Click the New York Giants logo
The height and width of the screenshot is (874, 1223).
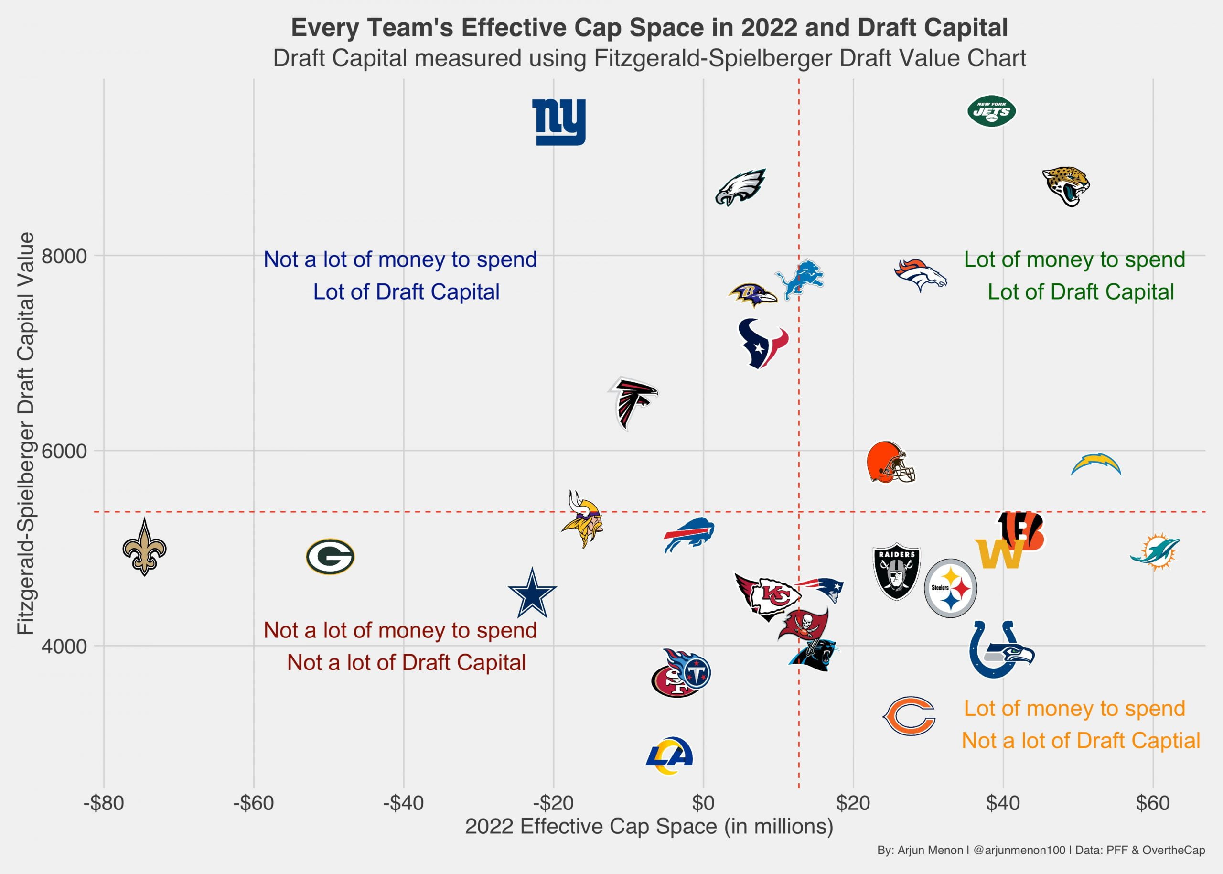pos(558,122)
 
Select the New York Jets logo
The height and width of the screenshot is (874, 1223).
pos(991,111)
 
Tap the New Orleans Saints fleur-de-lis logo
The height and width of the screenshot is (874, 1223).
pos(144,548)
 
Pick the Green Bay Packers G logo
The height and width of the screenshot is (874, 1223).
pos(330,557)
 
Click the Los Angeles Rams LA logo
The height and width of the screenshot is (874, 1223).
pos(669,755)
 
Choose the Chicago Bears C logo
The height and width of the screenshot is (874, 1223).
pos(909,716)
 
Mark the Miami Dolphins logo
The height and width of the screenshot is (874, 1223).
pos(1155,551)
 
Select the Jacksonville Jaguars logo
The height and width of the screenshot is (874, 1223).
pos(1066,186)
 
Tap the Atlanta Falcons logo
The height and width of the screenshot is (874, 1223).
pos(632,402)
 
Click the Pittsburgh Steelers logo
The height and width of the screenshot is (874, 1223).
pos(950,588)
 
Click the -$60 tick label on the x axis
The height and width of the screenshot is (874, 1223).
pos(253,803)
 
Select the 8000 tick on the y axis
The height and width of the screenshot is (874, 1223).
pos(64,256)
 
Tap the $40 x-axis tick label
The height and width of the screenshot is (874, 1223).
pos(1002,803)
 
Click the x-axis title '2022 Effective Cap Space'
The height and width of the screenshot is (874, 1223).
pos(649,827)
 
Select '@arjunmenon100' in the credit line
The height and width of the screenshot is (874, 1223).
pos(1019,850)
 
